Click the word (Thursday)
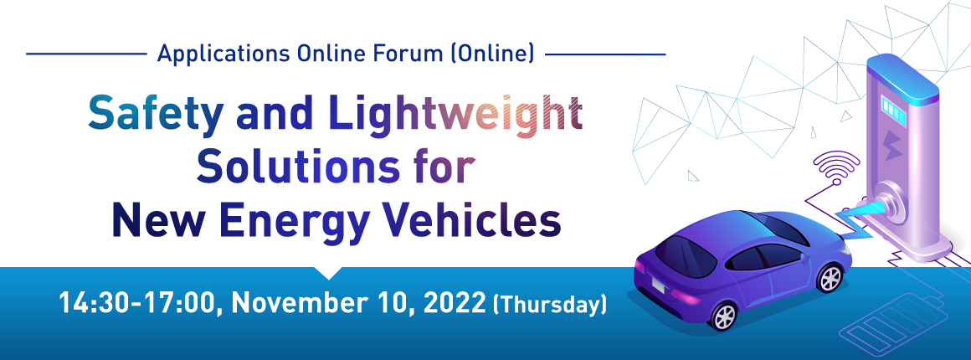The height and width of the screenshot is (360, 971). tap(548, 305)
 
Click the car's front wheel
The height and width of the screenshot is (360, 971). tap(830, 278)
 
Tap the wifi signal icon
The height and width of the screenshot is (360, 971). tap(835, 168)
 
